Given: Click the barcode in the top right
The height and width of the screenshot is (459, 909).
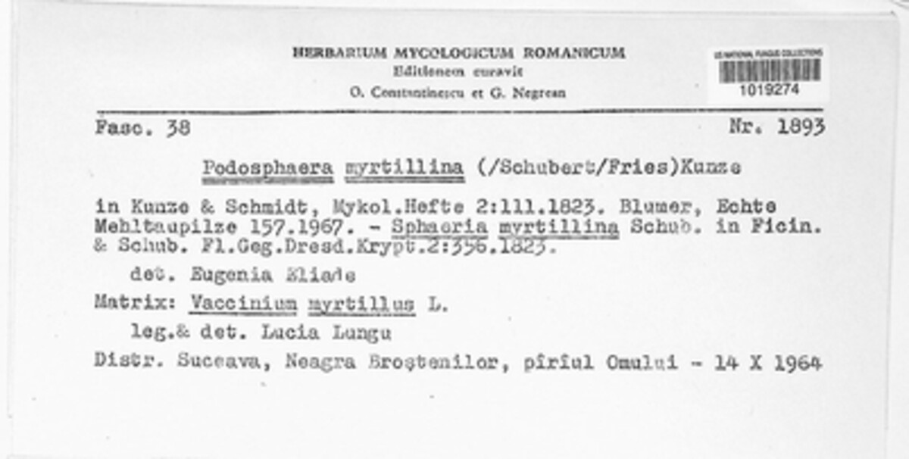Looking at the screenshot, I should (769, 70).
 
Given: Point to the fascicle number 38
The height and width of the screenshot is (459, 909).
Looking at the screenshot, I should (180, 128).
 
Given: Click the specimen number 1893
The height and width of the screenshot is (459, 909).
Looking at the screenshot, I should (801, 127).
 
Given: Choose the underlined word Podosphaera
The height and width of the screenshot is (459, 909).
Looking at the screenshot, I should (267, 168).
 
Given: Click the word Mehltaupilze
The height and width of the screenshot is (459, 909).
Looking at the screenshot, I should (157, 226).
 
